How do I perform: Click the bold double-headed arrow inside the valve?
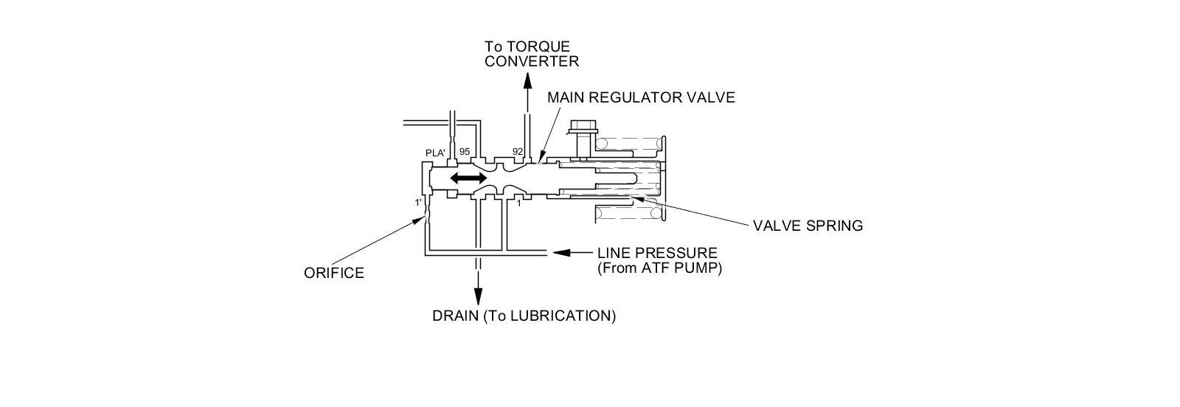469,178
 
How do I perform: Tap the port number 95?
465,152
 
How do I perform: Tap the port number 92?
518,152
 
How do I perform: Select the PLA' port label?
435,153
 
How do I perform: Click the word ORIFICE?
334,273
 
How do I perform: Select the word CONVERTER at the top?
532,61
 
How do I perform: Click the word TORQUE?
544,46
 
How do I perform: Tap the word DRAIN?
455,316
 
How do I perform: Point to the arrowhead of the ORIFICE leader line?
421,219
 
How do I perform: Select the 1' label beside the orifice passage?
417,202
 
